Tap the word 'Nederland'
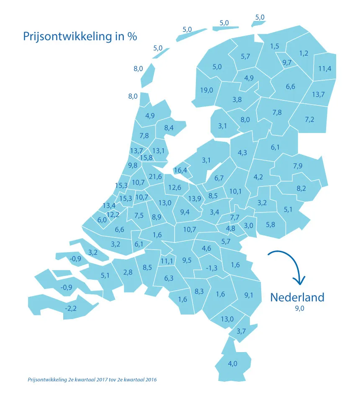pyautogui.click(x=297, y=297)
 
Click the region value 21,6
pyautogui.click(x=155, y=177)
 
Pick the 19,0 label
pyautogui.click(x=207, y=90)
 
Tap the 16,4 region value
pyautogui.click(x=180, y=170)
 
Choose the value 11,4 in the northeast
pyautogui.click(x=325, y=69)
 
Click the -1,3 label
pyautogui.click(x=212, y=268)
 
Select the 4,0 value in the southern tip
pyautogui.click(x=233, y=363)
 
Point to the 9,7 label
pyautogui.click(x=287, y=63)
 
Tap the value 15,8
pyautogui.click(x=147, y=158)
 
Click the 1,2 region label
pyautogui.click(x=303, y=53)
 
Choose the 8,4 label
pyautogui.click(x=169, y=128)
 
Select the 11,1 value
pyautogui.click(x=167, y=261)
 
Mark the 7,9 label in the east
pyautogui.click(x=298, y=166)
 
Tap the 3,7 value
pyautogui.click(x=241, y=332)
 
